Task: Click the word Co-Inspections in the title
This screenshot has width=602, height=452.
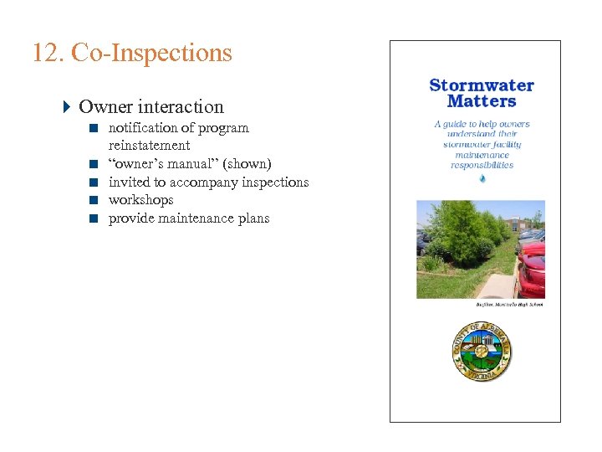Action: [151, 53]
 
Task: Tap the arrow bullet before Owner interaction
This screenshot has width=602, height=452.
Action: [68, 106]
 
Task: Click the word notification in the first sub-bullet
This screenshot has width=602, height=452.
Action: [144, 128]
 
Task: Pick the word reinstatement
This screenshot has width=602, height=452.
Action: [149, 146]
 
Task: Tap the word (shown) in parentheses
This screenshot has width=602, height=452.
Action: [247, 164]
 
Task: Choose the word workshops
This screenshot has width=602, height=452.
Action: [140, 200]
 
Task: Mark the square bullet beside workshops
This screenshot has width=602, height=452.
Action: [95, 201]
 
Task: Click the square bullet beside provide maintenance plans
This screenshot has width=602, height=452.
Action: [95, 219]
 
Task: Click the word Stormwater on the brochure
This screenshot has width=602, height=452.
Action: [481, 85]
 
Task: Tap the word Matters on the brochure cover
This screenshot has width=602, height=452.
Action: [481, 101]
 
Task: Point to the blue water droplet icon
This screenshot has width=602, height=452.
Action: [482, 178]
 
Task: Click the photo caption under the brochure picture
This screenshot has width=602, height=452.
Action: [481, 305]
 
